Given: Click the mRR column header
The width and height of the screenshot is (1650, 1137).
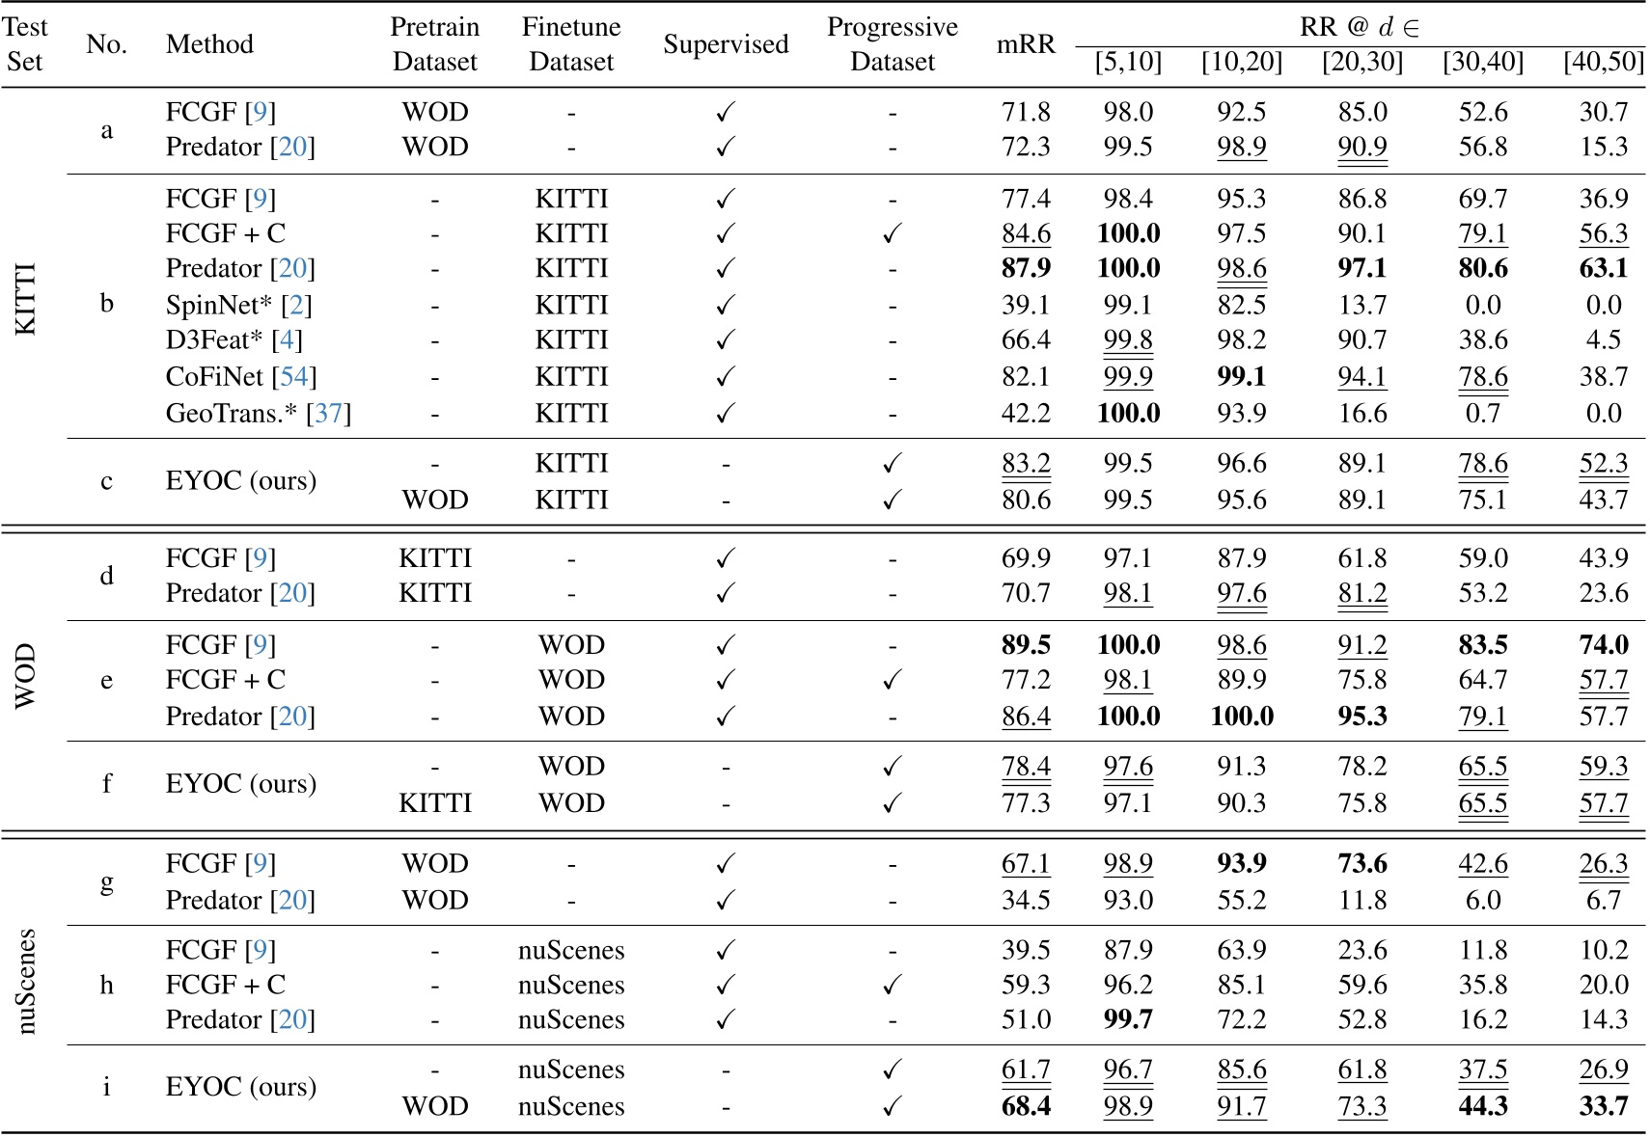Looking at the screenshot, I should click(x=1025, y=44).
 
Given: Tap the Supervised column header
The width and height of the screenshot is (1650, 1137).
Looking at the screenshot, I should click(x=726, y=44).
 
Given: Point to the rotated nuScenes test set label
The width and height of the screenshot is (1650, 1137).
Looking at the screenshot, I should click(x=26, y=981).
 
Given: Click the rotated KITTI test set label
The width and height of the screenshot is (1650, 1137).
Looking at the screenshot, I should click(x=26, y=299).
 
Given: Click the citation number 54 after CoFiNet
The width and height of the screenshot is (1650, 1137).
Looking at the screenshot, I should click(x=293, y=376).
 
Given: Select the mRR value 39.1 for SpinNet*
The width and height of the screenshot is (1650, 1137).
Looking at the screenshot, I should click(x=1025, y=305).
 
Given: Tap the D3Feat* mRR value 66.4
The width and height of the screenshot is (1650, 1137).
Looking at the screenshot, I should click(x=1025, y=339).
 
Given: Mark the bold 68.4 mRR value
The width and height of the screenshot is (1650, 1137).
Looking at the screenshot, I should click(x=1025, y=1105).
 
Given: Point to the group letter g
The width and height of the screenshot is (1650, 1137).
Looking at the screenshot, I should click(x=106, y=880).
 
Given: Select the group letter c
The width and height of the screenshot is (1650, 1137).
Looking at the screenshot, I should click(x=106, y=480).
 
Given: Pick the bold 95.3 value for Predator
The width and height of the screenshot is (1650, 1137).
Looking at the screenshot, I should click(x=1361, y=716).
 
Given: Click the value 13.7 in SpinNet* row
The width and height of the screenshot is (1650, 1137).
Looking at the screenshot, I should click(x=1361, y=305).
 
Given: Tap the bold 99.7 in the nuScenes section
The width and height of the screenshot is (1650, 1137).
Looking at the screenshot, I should click(x=1128, y=1019).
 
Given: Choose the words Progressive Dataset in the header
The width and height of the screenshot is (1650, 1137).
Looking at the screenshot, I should click(x=892, y=44).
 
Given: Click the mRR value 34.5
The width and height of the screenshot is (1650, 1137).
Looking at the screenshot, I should click(x=1025, y=900).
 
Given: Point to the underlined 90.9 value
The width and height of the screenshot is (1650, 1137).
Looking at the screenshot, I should click(x=1361, y=147).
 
